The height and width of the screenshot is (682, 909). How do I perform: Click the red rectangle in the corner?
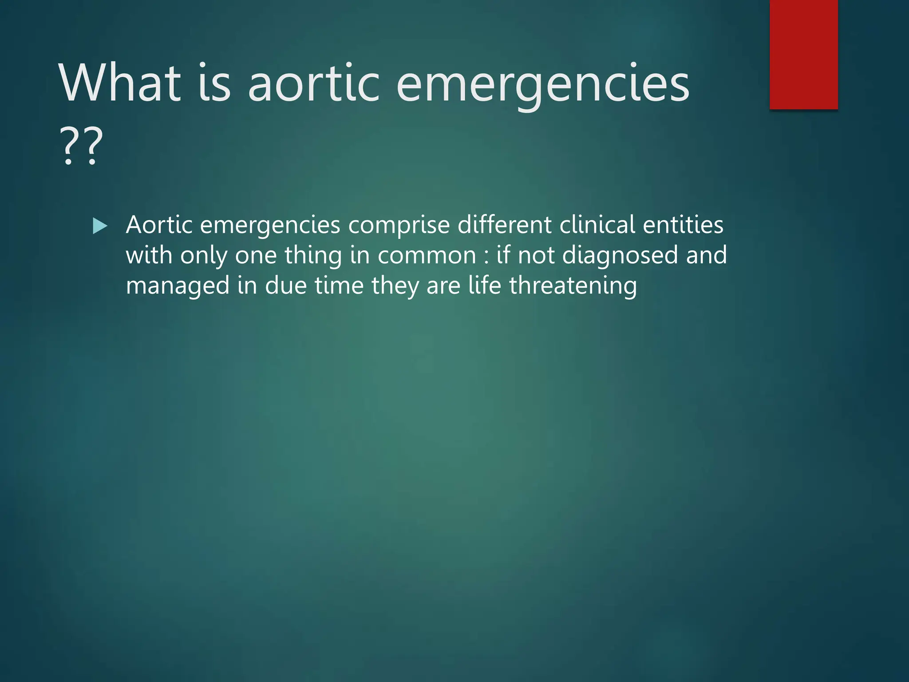coord(803,54)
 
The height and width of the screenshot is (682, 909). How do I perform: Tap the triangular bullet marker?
coord(100,226)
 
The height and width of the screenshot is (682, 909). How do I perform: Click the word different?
coord(505,225)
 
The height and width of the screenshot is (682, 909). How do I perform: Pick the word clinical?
coord(597,225)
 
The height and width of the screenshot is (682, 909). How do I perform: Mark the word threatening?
coord(573,285)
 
